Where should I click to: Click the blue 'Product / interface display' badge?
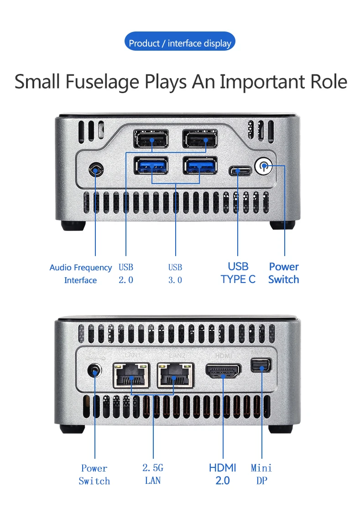click(180, 43)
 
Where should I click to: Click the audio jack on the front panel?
click(96, 170)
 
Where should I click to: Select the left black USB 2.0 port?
click(151, 138)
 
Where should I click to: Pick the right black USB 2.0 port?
click(200, 138)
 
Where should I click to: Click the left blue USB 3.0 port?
click(151, 166)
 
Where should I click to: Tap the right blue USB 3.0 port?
click(200, 166)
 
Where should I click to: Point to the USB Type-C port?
click(240, 172)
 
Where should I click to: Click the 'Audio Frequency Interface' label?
click(80, 274)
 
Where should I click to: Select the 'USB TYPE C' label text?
click(238, 273)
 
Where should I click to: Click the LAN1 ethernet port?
click(131, 376)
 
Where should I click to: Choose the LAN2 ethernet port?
click(176, 376)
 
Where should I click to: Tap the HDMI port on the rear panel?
click(224, 370)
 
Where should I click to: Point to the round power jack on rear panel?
click(94, 371)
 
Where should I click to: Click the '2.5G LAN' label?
click(153, 474)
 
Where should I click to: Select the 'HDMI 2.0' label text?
click(223, 474)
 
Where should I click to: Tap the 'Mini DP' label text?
click(261, 474)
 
